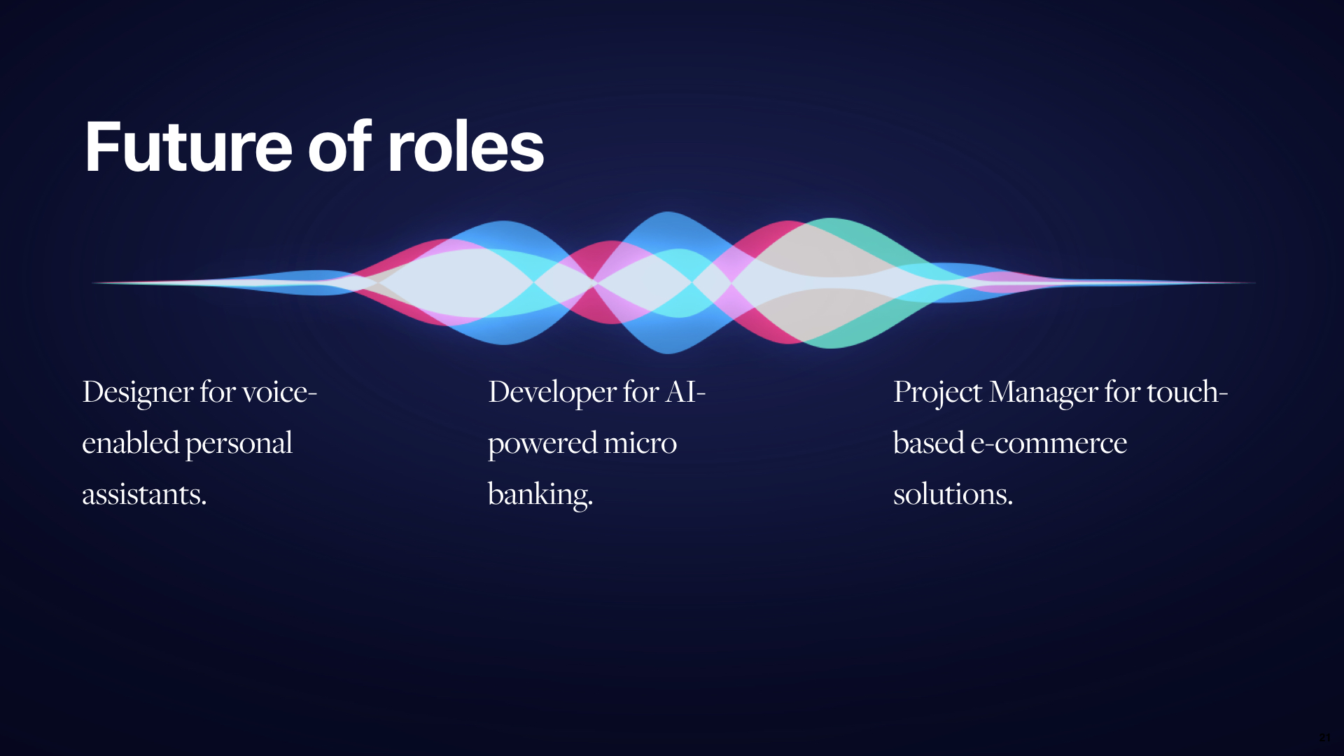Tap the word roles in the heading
coord(465,147)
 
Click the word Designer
coord(138,393)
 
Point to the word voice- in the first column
coord(279,392)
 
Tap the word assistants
coord(144,495)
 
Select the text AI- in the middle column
coord(685,392)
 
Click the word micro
coord(640,443)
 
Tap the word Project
coord(938,393)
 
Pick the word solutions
coord(953,495)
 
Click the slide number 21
coord(1325,738)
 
